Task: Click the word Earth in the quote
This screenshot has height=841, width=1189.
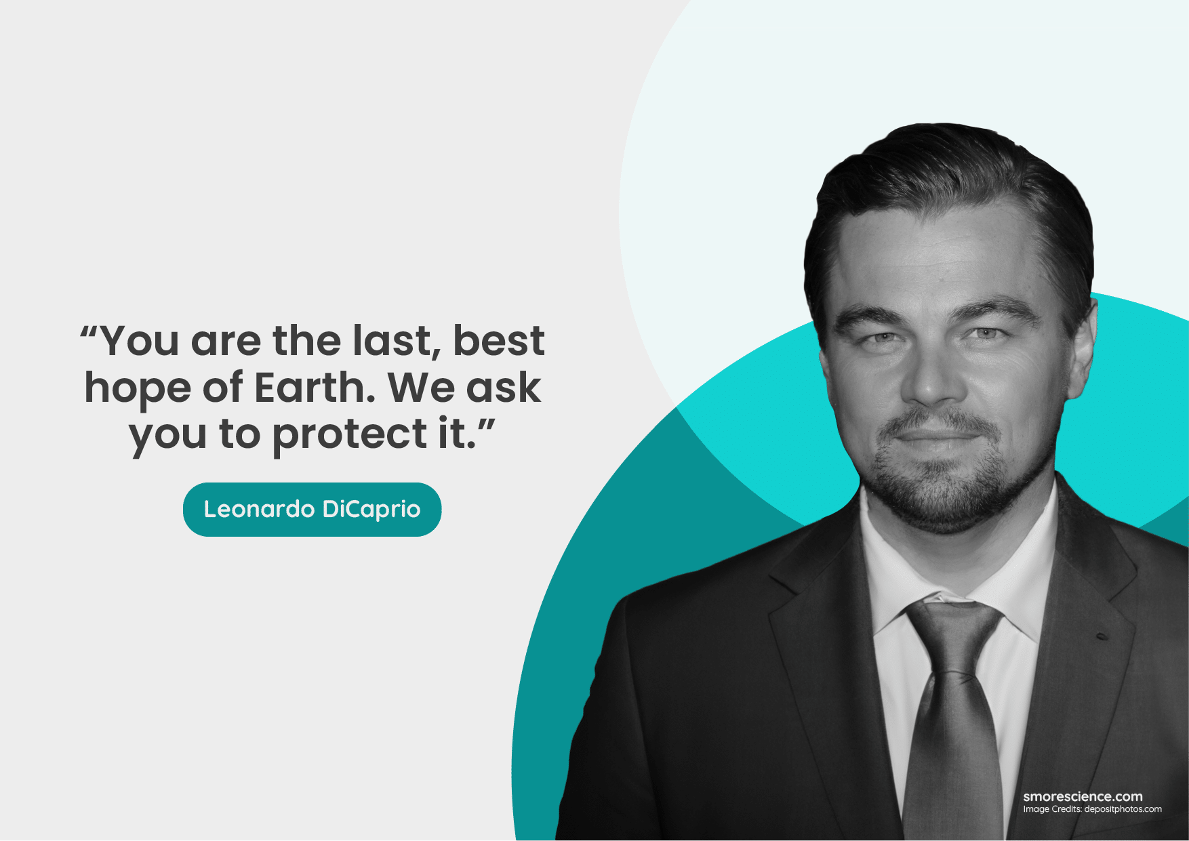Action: point(315,388)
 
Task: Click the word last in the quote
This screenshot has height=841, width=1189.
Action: point(392,342)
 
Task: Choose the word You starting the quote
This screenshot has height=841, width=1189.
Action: point(140,340)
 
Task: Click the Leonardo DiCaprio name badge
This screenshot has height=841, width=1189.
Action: point(312,510)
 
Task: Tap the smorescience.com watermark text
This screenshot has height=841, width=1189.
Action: point(1083,796)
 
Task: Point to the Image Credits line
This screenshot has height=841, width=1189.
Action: point(1092,809)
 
